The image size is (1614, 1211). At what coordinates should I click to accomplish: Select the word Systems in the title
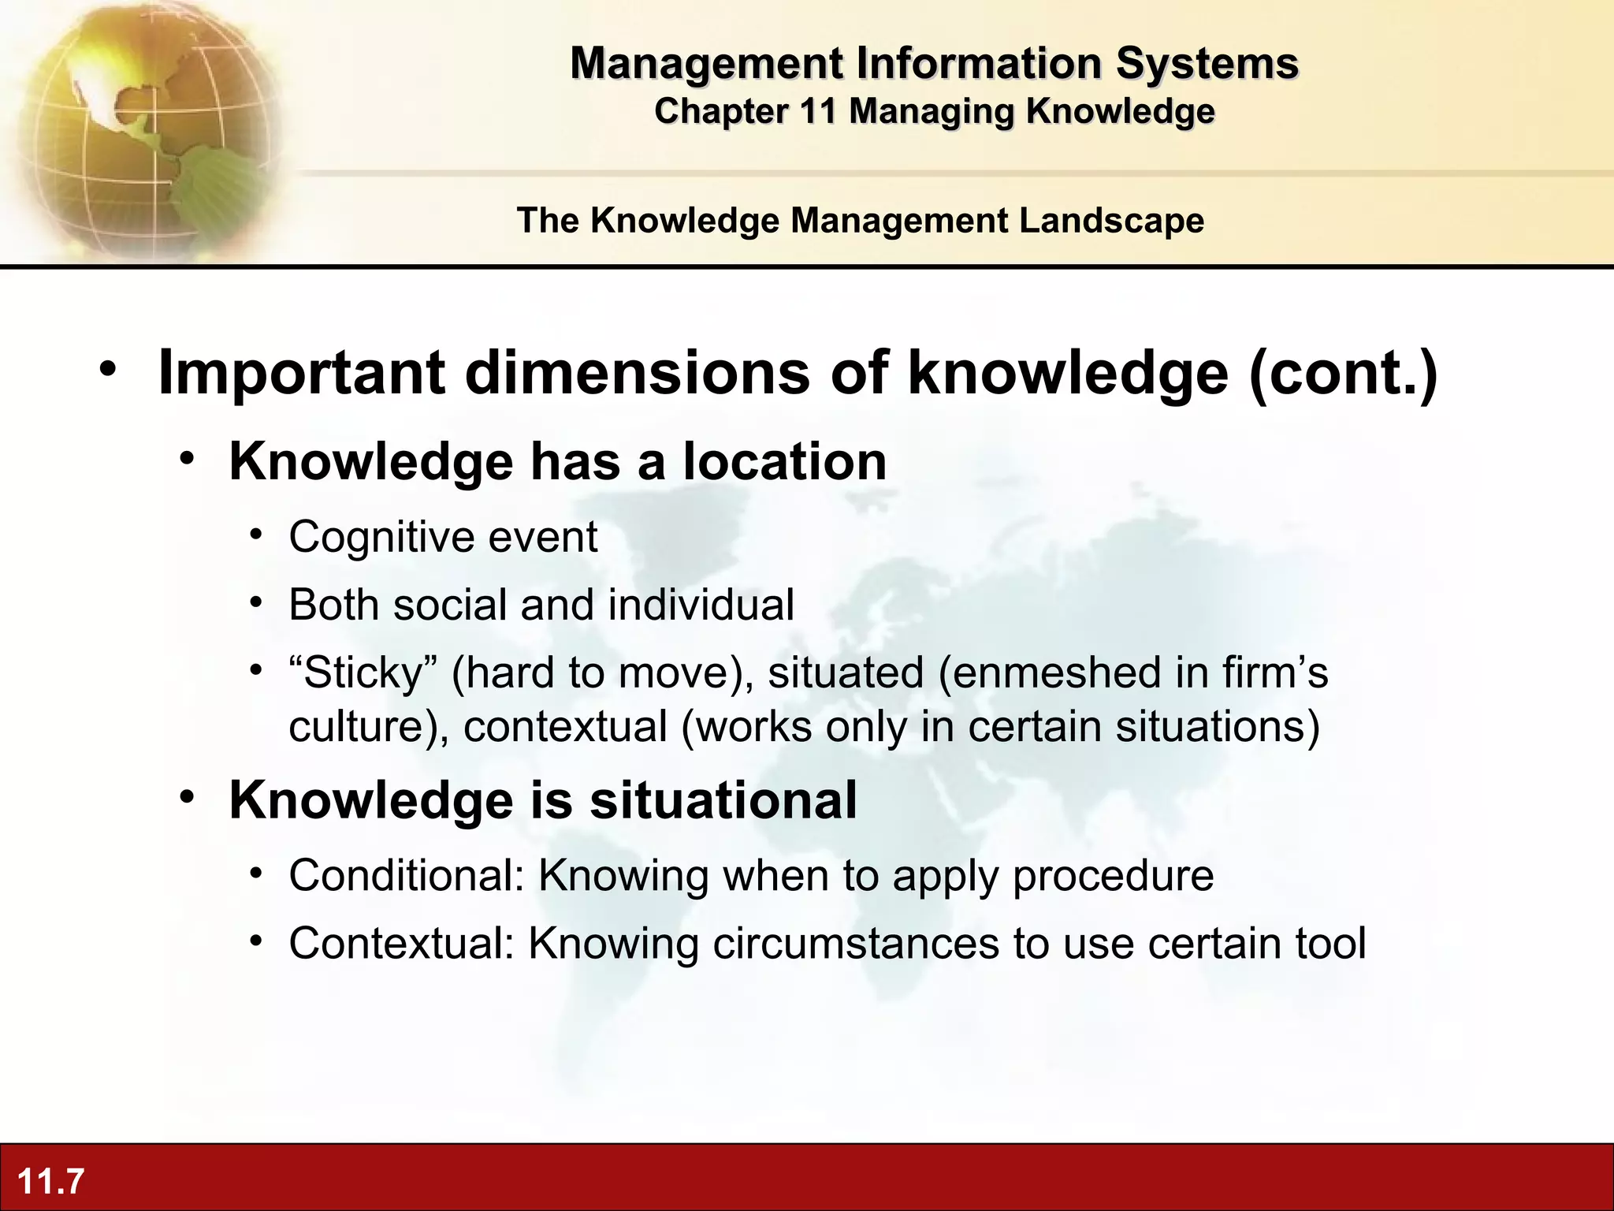[1207, 63]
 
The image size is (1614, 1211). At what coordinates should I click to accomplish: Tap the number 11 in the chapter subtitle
[817, 111]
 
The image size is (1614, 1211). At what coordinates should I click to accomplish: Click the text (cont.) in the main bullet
[1343, 373]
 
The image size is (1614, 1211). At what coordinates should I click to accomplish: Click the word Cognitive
[381, 538]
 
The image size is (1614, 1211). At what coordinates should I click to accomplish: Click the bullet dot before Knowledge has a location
[187, 459]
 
